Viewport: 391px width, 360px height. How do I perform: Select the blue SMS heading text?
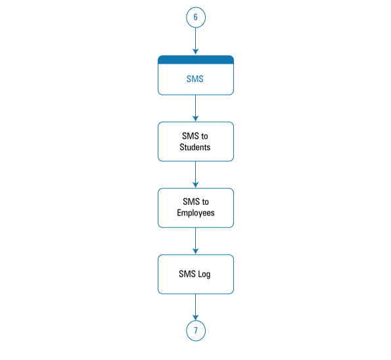click(195, 79)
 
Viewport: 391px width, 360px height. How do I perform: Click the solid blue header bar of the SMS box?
click(196, 60)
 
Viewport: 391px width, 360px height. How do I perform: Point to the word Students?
click(195, 147)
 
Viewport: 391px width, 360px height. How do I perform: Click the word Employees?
click(196, 213)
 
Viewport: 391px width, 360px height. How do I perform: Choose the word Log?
click(204, 274)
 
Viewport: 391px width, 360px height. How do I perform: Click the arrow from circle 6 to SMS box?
click(196, 41)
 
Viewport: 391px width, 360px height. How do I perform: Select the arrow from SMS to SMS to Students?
click(196, 108)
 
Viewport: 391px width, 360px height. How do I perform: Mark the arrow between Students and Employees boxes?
click(196, 175)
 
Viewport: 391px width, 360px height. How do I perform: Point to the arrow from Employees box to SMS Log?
click(196, 241)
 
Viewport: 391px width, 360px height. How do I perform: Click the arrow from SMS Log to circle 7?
click(196, 307)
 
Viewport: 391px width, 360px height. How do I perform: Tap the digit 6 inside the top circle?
click(196, 17)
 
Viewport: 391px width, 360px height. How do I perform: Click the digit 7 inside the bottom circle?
click(196, 331)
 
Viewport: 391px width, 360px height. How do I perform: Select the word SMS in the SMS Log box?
click(187, 274)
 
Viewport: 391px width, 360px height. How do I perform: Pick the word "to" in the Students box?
click(204, 136)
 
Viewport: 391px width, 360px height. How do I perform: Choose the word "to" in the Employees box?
click(205, 202)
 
